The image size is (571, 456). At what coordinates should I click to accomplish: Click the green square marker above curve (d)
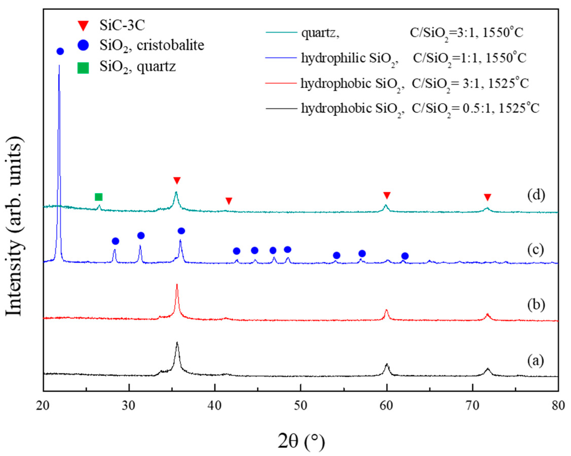tap(99, 197)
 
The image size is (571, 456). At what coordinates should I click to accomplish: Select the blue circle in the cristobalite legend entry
tap(83, 45)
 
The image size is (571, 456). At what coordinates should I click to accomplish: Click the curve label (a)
tap(536, 361)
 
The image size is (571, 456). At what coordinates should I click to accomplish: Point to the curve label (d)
tap(536, 195)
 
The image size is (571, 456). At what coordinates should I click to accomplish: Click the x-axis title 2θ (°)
tap(301, 441)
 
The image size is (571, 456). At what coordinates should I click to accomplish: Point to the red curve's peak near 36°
tap(177, 285)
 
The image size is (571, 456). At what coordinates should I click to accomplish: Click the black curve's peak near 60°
tap(387, 365)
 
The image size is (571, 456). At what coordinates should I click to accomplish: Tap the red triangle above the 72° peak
tap(488, 197)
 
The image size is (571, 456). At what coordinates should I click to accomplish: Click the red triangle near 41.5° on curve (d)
tap(229, 201)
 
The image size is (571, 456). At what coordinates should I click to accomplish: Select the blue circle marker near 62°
tap(405, 256)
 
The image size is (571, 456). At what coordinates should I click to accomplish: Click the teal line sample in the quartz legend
tap(281, 32)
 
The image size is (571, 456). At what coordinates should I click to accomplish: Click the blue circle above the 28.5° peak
tap(115, 241)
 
